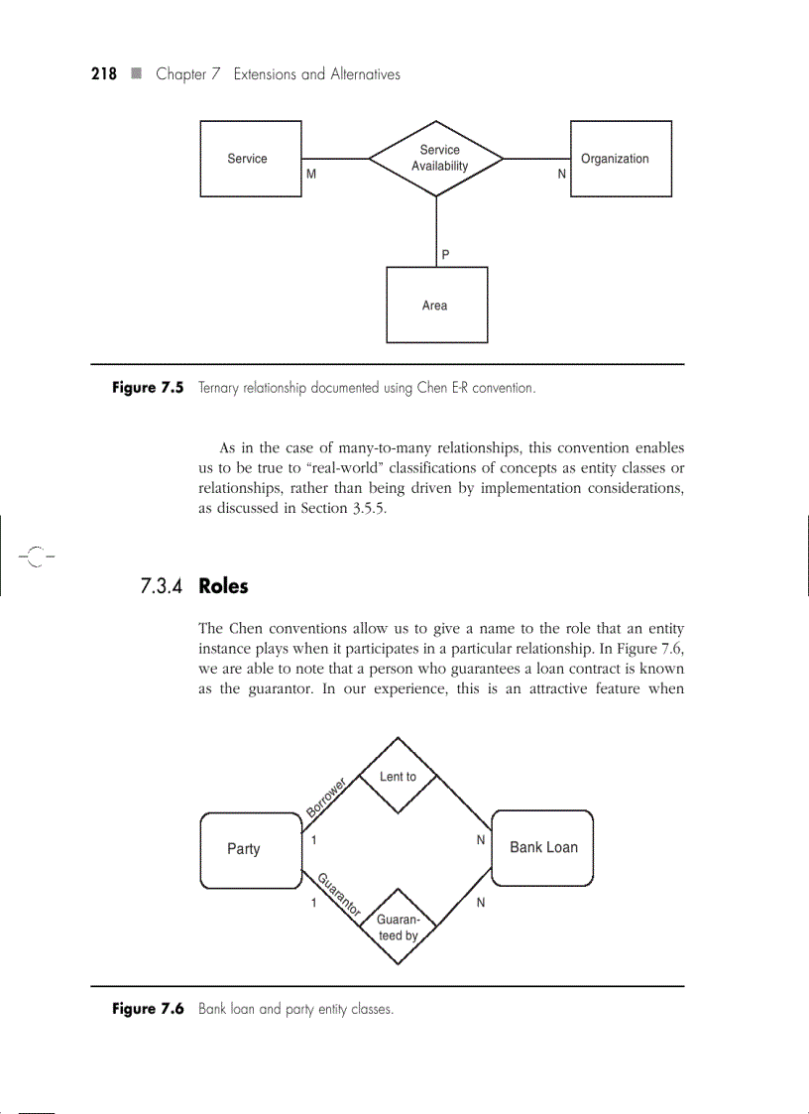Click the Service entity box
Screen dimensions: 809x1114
click(x=250, y=159)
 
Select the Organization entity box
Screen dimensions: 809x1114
click(x=620, y=159)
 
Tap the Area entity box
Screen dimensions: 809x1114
click(x=436, y=305)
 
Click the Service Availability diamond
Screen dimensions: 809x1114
click(x=436, y=158)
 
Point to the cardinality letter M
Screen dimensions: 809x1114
click(x=311, y=174)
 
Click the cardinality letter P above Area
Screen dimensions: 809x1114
click(x=445, y=255)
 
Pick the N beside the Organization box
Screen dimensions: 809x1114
click(x=562, y=174)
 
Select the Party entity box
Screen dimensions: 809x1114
click(x=250, y=849)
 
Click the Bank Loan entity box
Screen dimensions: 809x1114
click(x=542, y=847)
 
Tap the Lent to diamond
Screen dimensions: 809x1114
click(x=398, y=776)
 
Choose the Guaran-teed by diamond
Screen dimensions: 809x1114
click(x=398, y=927)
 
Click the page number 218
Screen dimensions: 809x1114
click(x=104, y=74)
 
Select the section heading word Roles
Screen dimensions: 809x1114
click(x=223, y=586)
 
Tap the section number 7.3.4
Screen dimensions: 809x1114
click(x=162, y=586)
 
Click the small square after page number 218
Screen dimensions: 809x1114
click(x=136, y=74)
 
